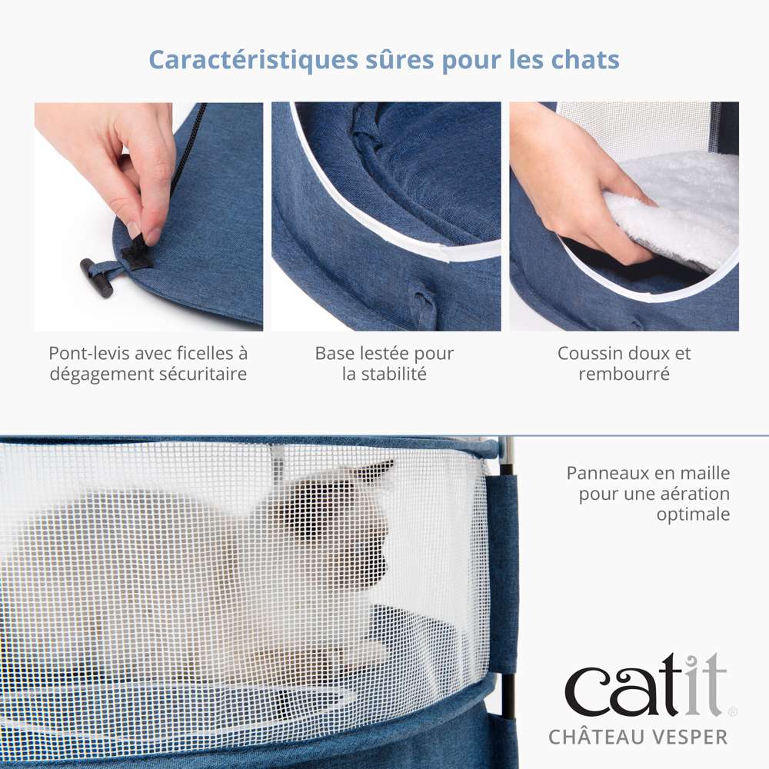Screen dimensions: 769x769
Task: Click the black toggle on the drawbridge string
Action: pos(97,278)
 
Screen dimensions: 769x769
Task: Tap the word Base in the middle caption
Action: pos(334,353)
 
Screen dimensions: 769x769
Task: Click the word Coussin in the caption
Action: pos(586,353)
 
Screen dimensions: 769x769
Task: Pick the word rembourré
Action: pos(624,375)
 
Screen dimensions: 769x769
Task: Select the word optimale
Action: pos(693,514)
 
